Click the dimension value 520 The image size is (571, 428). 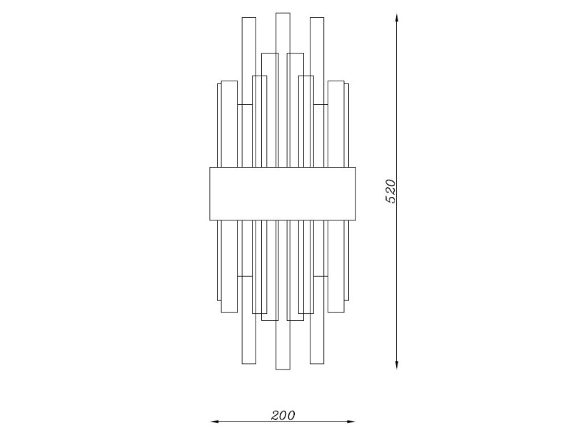(390, 191)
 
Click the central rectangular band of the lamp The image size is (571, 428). (283, 193)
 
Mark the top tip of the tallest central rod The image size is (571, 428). (283, 13)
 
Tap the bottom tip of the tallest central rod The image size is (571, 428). (283, 369)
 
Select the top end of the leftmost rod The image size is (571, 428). (219, 85)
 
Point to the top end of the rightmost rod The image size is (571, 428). (348, 85)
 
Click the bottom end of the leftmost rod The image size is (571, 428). (219, 299)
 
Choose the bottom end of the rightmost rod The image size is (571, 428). (348, 299)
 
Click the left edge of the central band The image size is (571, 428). (209, 193)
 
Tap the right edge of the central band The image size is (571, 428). (356, 193)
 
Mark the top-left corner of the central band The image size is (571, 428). (209, 167)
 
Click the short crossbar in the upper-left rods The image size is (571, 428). (245, 105)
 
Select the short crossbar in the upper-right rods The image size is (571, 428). (320, 105)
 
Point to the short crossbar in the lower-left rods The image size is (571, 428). (245, 276)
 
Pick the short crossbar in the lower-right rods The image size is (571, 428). (320, 276)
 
